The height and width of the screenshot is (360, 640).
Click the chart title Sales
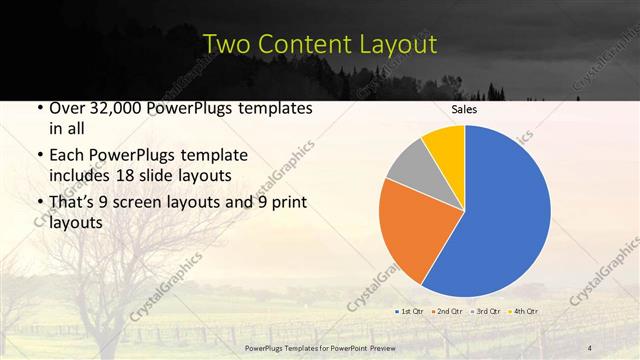(x=465, y=109)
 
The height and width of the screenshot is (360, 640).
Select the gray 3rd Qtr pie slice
(x=409, y=164)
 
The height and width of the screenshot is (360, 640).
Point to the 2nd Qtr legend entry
(x=446, y=312)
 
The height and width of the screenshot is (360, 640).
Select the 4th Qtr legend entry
(x=523, y=312)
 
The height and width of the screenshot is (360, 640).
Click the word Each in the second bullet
(x=68, y=156)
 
